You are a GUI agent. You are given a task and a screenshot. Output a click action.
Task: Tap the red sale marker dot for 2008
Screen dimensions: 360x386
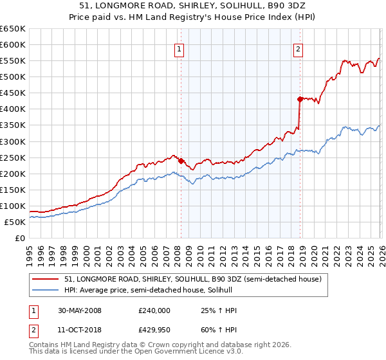pos(181,161)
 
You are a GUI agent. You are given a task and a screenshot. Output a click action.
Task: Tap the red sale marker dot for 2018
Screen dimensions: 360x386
pos(300,99)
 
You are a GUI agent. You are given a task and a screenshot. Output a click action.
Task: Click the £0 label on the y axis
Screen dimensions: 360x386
pos(21,238)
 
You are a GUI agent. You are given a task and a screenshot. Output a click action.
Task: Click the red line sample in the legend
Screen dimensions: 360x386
pos(46,279)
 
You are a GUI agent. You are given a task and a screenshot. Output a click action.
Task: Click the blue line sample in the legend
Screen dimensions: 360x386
pos(46,290)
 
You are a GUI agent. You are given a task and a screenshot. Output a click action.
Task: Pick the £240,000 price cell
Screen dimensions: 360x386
pos(154,310)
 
